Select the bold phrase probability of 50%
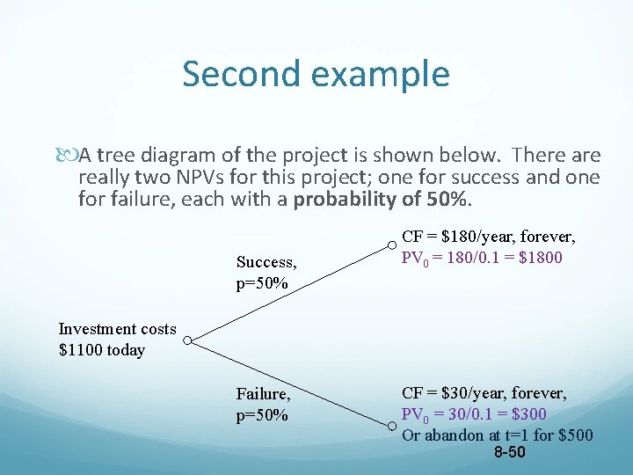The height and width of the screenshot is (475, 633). pos(382,200)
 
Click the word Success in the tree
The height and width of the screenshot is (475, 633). pos(266,262)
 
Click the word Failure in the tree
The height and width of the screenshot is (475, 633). pos(263,395)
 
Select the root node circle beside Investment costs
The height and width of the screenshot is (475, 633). pos(186,340)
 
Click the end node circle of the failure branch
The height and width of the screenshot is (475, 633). pos(391,428)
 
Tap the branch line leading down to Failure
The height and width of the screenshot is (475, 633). pos(290,384)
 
